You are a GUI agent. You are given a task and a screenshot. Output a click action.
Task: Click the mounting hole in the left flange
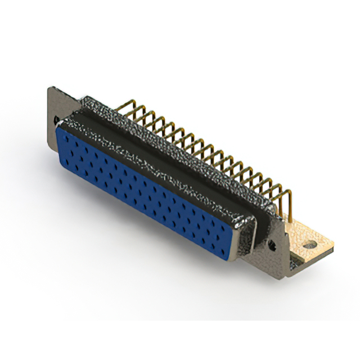[56, 119]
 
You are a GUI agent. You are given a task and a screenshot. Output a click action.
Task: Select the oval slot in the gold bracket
[308, 245]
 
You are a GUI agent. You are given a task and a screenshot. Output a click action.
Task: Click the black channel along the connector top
[169, 152]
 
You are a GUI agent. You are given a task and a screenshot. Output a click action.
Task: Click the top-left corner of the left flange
[49, 87]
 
